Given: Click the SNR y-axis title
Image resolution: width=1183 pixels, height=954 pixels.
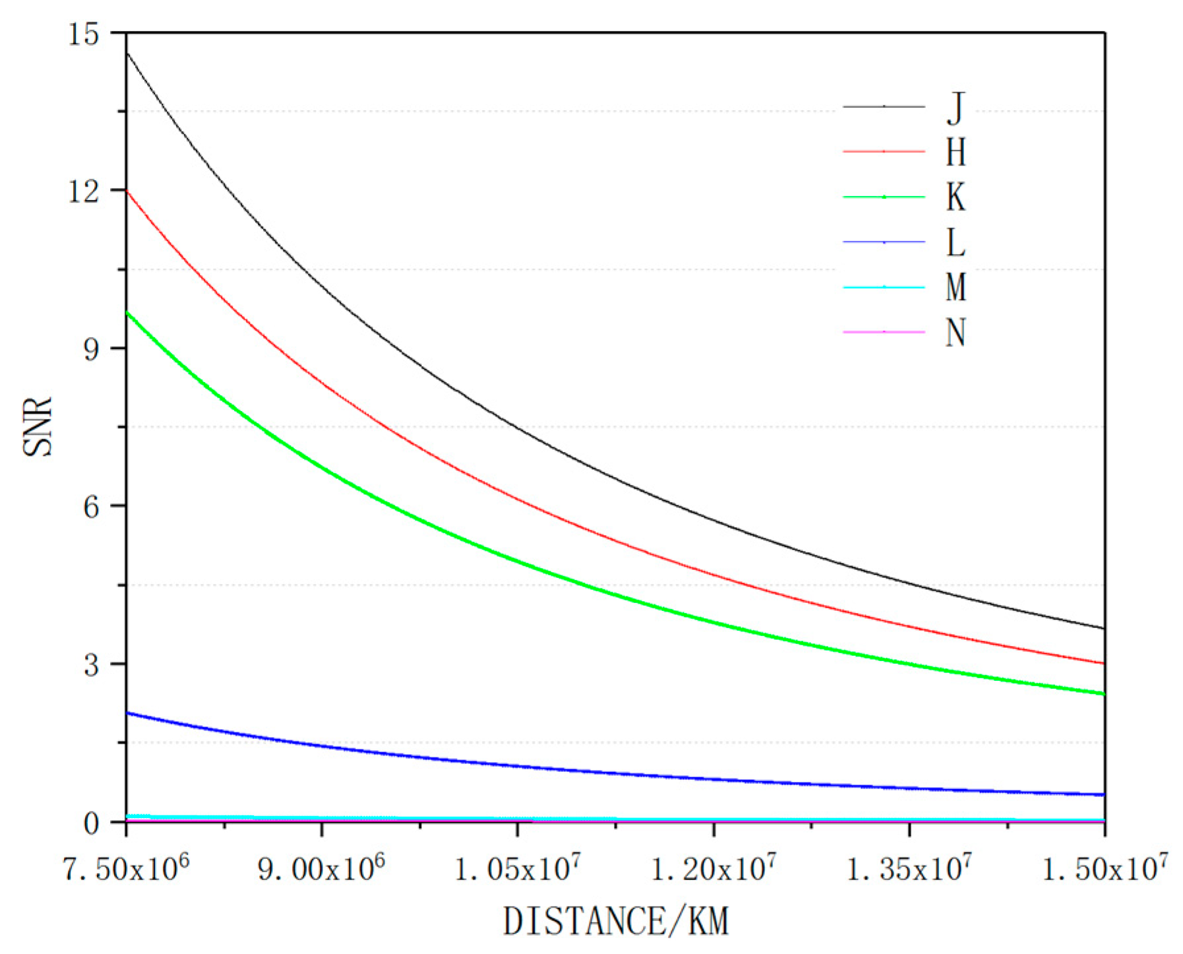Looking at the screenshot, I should coord(38,426).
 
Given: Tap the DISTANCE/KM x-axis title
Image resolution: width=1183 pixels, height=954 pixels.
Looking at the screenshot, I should coord(615,921).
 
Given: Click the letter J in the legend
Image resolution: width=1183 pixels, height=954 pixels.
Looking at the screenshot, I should coord(956,108).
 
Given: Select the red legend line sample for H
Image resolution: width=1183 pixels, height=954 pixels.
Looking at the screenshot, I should coord(884,152).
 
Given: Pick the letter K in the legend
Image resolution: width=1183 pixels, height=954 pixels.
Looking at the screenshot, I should coord(956,197).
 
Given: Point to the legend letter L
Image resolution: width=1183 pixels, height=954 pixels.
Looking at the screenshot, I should coord(956,242).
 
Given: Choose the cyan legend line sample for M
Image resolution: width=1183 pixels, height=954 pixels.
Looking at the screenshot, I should coord(884,287).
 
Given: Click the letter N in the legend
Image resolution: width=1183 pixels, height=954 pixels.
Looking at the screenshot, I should coord(956,332).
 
